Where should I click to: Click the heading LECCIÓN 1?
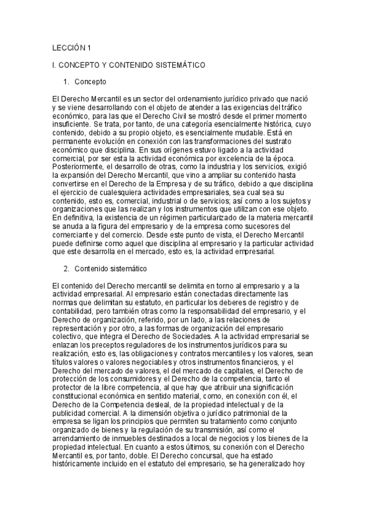72,48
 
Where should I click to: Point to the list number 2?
66,269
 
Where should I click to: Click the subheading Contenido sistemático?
110,269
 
